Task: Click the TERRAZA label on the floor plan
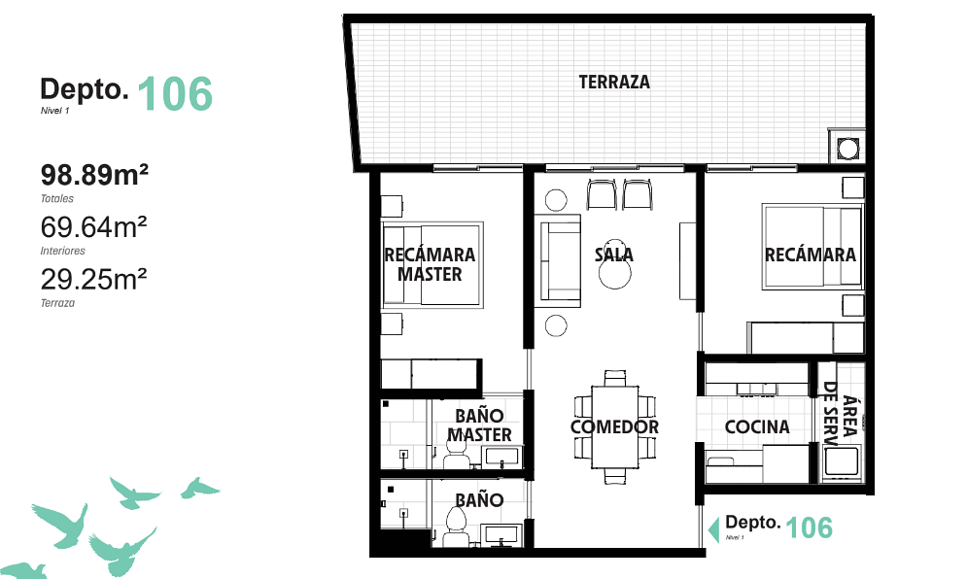coord(614,82)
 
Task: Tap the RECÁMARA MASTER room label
coord(430,264)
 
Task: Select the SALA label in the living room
coord(613,255)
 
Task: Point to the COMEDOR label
coord(614,426)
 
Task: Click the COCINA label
coord(757,426)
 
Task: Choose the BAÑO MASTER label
coord(479,426)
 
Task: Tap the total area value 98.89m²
coord(94,175)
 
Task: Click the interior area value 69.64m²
coord(93,227)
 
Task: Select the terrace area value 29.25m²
coord(93,280)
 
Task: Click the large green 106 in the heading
coord(175,94)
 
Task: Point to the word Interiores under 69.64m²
coord(63,251)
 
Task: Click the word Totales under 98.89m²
coord(57,198)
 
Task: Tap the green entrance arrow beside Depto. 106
coord(714,529)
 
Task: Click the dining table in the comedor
coord(615,427)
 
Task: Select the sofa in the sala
coord(558,260)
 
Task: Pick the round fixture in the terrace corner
coord(848,149)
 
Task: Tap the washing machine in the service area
coord(840,462)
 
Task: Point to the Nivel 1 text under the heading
coord(54,111)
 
